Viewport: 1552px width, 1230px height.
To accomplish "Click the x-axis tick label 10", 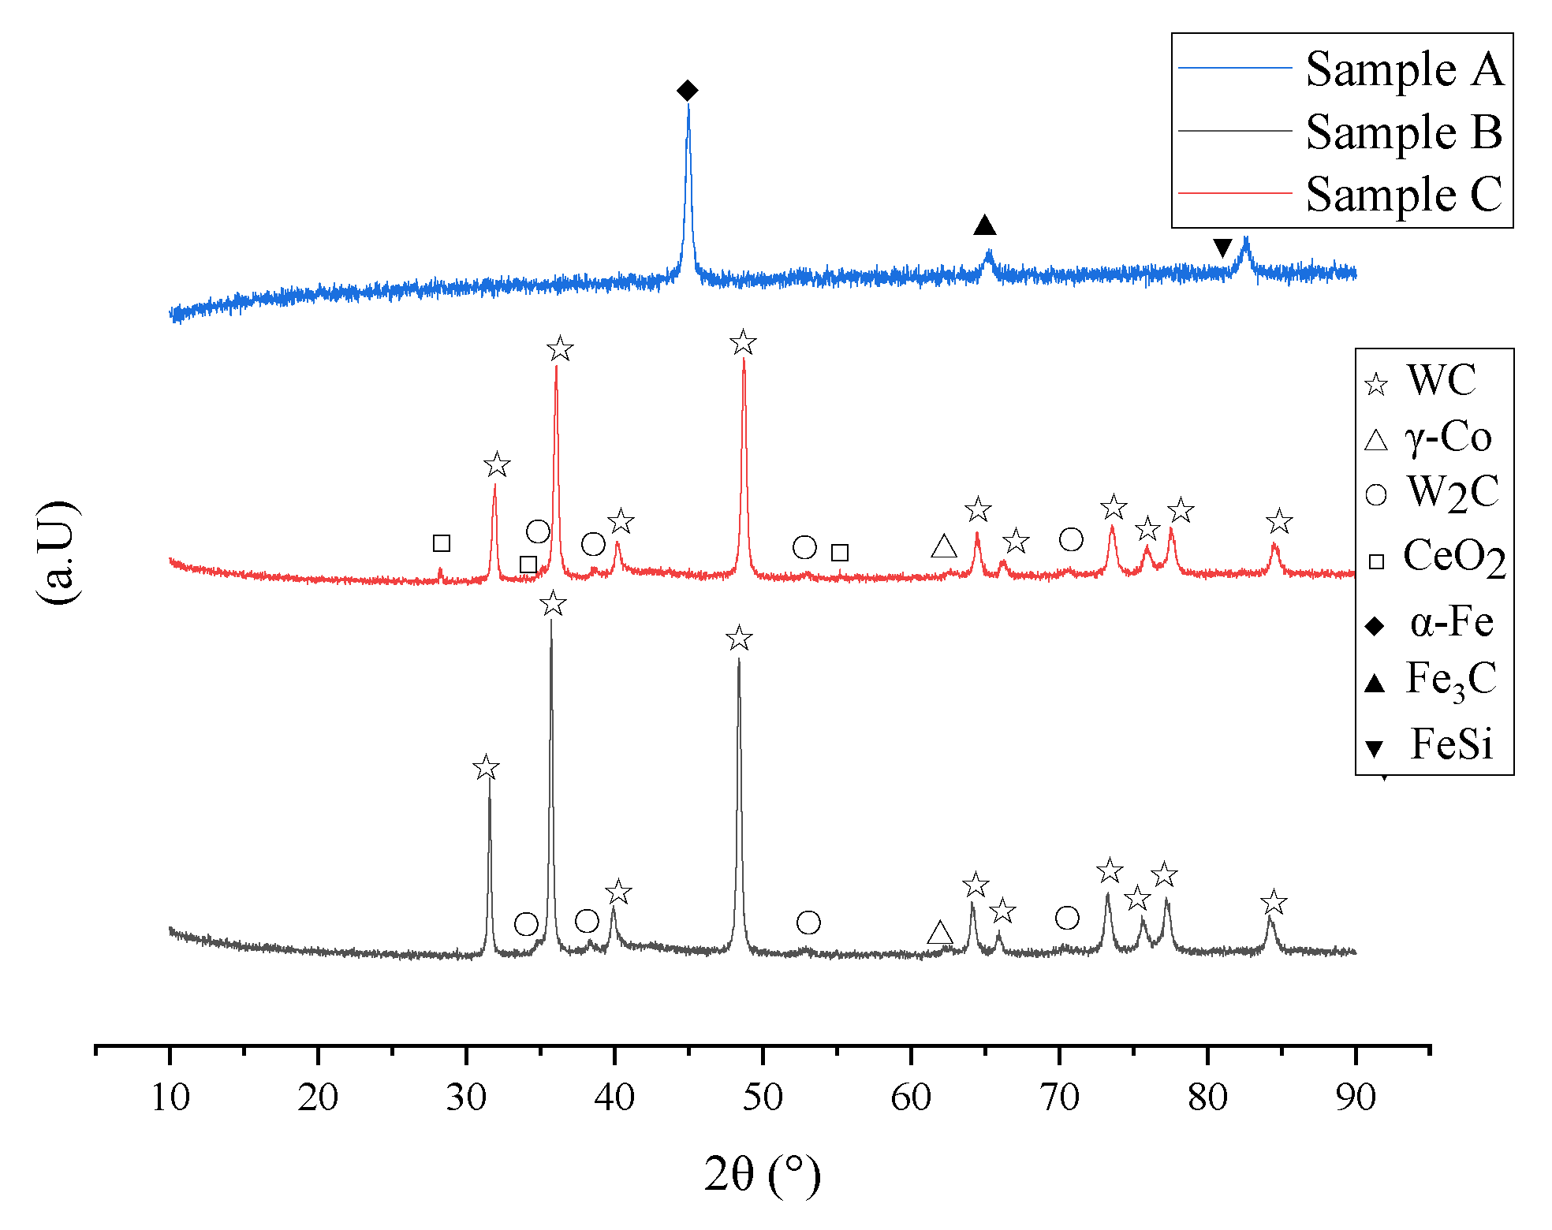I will pos(170,1098).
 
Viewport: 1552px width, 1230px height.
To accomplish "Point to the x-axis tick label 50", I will pos(763,1098).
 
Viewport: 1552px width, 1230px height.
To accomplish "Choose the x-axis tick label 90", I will pos(1356,1098).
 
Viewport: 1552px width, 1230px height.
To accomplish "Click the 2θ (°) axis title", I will pos(762,1175).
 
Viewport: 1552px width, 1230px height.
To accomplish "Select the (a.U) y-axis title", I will pos(57,552).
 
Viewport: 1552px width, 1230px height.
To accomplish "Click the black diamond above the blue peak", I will pos(687,91).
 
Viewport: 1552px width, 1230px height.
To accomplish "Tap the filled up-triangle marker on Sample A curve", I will pos(984,225).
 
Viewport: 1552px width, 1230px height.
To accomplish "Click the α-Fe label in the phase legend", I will pos(1451,623).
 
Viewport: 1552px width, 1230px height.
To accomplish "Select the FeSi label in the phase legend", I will pos(1451,744).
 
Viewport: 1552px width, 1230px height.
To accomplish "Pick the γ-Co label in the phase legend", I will pos(1448,437).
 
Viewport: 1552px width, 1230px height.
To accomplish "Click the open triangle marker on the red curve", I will pos(944,546).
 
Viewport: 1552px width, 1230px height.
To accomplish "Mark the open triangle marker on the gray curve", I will pos(939,933).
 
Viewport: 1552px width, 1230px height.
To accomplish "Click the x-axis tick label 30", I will pos(466,1098).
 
